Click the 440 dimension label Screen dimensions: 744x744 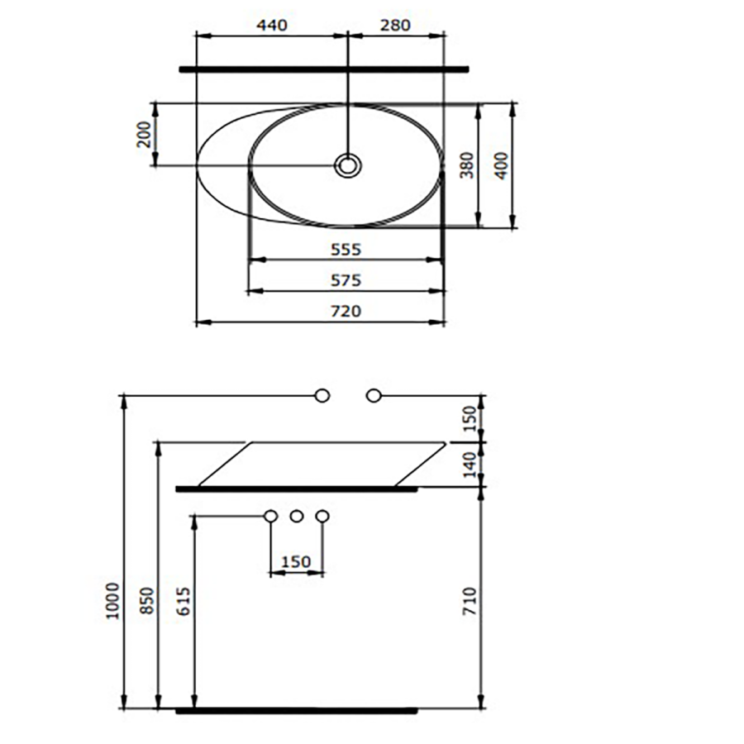point(272,25)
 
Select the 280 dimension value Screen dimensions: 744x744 point(395,25)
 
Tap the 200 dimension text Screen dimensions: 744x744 point(144,135)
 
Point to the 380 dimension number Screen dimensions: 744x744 point(467,165)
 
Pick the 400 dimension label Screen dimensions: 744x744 point(501,165)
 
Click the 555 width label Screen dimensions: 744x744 point(346,250)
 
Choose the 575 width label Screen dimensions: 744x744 point(346,280)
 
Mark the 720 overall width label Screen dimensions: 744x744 point(346,312)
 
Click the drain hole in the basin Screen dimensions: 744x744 point(348,165)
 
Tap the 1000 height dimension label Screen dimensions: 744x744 point(113,601)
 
